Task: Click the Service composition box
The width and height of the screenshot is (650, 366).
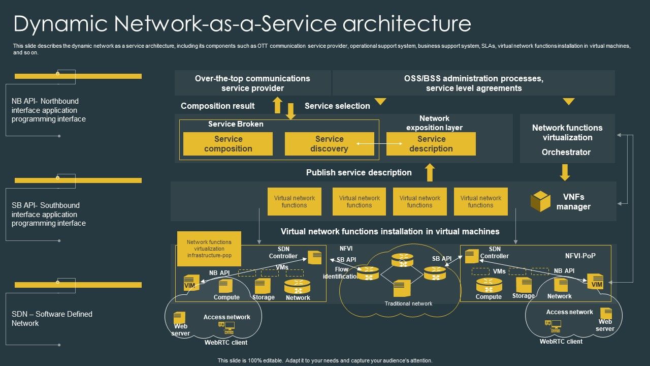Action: (x=227, y=144)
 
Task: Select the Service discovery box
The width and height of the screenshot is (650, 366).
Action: (x=329, y=144)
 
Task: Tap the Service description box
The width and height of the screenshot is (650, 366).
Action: (x=431, y=144)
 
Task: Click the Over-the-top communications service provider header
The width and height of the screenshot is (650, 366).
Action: (x=252, y=83)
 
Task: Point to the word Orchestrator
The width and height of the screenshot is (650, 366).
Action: (x=566, y=152)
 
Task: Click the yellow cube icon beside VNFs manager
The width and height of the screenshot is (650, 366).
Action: (x=540, y=201)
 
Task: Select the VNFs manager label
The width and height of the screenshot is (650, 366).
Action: (x=573, y=202)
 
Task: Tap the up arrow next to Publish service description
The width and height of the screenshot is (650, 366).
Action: (x=430, y=172)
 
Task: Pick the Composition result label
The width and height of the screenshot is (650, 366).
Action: (x=218, y=106)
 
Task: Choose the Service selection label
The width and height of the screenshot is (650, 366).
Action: (x=337, y=106)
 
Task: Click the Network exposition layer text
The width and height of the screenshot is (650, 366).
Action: (x=434, y=123)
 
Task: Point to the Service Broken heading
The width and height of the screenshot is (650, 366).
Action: (x=236, y=124)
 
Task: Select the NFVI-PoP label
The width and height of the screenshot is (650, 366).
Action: (x=580, y=256)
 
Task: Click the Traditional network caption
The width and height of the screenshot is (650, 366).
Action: (x=408, y=303)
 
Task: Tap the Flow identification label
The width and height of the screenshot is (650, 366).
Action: (x=341, y=273)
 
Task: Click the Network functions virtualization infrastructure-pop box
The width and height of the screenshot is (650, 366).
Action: (x=209, y=249)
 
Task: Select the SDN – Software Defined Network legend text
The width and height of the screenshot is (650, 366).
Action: (x=52, y=318)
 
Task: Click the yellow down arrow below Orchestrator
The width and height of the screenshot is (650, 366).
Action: (x=565, y=172)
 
